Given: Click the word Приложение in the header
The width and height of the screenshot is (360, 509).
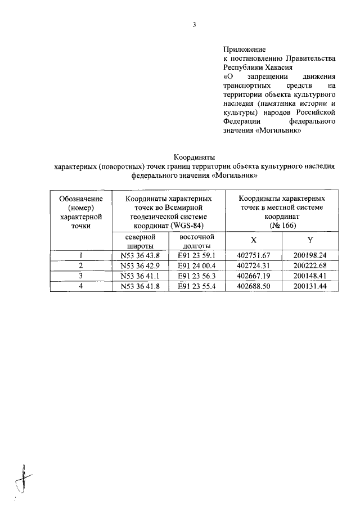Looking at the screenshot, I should pyautogui.click(x=244, y=49).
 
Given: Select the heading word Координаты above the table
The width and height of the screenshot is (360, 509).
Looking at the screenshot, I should pyautogui.click(x=194, y=157).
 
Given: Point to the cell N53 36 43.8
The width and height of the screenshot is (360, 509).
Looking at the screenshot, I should pyautogui.click(x=140, y=255).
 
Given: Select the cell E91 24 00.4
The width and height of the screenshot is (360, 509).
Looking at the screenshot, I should pyautogui.click(x=197, y=265).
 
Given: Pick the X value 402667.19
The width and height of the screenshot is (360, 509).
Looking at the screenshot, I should pyautogui.click(x=254, y=276).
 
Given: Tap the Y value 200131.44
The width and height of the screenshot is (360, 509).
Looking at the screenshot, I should pyautogui.click(x=310, y=286).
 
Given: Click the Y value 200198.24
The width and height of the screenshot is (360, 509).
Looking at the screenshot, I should pyautogui.click(x=310, y=255).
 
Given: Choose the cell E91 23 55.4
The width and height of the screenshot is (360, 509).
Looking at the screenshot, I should pyautogui.click(x=197, y=286).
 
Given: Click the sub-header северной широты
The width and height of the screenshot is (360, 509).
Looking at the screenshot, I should pyautogui.click(x=140, y=241).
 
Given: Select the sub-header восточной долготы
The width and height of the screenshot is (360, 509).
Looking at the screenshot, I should pyautogui.click(x=197, y=241).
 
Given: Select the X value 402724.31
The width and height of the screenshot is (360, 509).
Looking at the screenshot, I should pyautogui.click(x=254, y=265).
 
